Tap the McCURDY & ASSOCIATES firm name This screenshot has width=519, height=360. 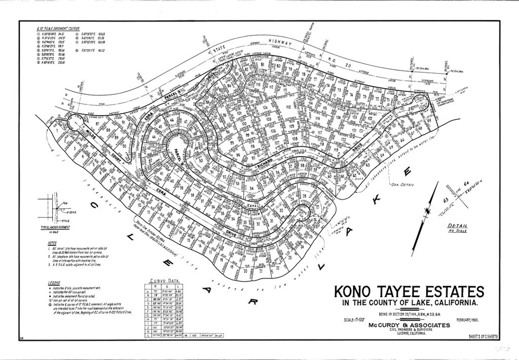click(x=409, y=325)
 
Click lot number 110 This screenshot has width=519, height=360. click(x=289, y=107)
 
